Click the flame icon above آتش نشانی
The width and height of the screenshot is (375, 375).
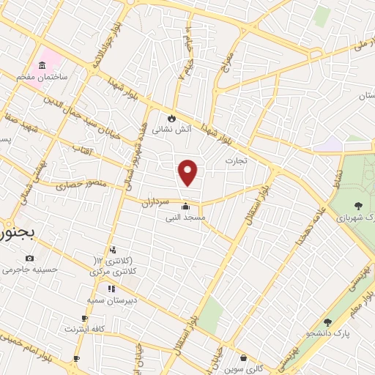[172, 117]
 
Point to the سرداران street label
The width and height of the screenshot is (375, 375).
[155, 200]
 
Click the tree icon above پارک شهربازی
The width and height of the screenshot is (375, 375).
[357, 206]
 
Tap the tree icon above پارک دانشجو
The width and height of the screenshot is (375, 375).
[327, 322]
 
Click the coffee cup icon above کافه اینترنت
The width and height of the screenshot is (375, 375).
[85, 318]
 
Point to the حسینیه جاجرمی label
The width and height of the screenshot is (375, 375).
[29, 270]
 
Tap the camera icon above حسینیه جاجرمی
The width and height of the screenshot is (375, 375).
[29, 258]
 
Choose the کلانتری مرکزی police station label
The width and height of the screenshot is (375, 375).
[115, 271]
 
